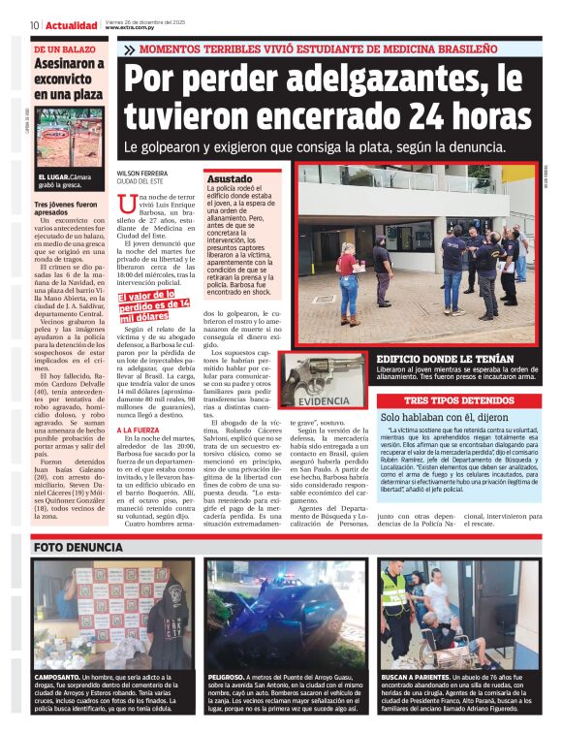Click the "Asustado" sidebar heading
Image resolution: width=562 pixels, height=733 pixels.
[x=229, y=179]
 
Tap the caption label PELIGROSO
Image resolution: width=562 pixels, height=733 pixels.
[x=226, y=676]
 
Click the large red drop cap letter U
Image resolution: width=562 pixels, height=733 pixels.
[x=125, y=206]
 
